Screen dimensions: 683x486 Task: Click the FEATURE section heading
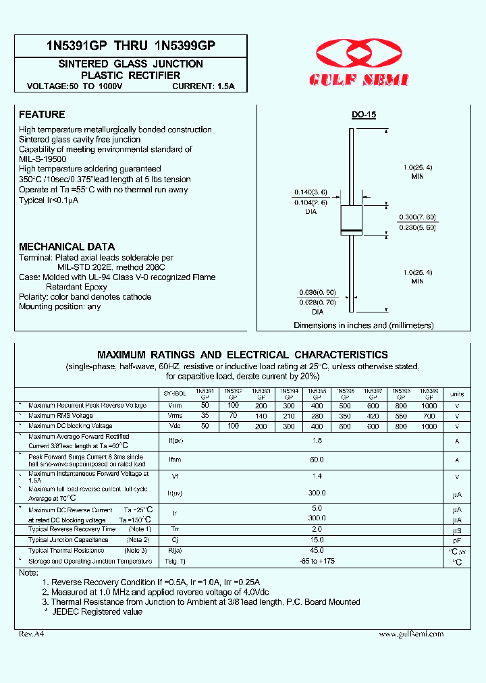coord(42,115)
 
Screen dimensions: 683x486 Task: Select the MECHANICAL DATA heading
coord(67,247)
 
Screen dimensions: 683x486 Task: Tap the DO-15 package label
coord(363,115)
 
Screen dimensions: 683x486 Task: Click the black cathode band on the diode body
coord(351,231)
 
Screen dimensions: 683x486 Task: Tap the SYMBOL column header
coord(175,393)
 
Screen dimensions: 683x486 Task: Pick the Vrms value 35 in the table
coord(205,416)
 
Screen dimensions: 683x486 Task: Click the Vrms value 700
coord(429,416)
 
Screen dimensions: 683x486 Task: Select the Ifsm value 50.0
coord(317,460)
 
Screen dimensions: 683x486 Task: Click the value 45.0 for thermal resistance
coord(317,550)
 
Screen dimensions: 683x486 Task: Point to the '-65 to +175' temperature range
coord(317,561)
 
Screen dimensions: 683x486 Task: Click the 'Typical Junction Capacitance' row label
coord(68,540)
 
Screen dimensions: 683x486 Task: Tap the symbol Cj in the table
coord(175,540)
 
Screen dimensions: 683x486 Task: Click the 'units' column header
coord(457,393)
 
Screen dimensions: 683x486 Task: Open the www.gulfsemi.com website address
coord(411,634)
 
